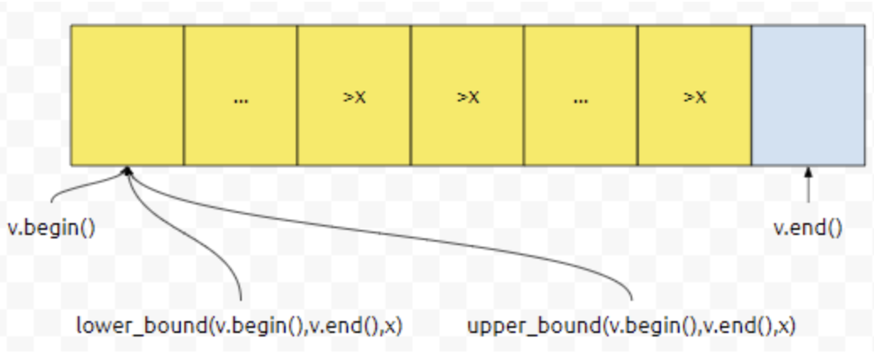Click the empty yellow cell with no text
[127, 95]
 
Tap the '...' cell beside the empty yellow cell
[240, 95]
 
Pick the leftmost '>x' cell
[353, 95]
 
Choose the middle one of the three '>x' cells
[467, 95]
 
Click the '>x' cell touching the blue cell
[694, 95]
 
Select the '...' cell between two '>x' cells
[580, 95]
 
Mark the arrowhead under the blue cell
[809, 172]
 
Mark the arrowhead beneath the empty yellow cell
[128, 172]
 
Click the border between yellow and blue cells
[751, 95]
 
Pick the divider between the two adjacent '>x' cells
[411, 95]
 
